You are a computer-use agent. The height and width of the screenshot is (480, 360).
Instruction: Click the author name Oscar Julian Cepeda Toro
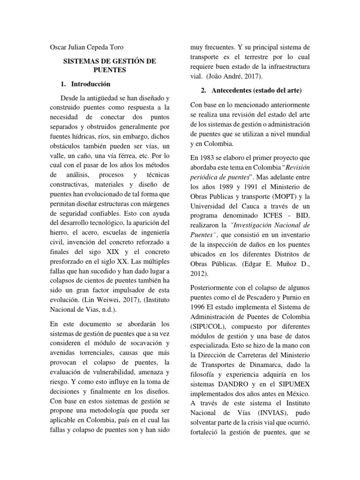coord(88,48)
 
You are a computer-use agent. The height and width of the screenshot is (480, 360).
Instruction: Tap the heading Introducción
coord(90,84)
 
